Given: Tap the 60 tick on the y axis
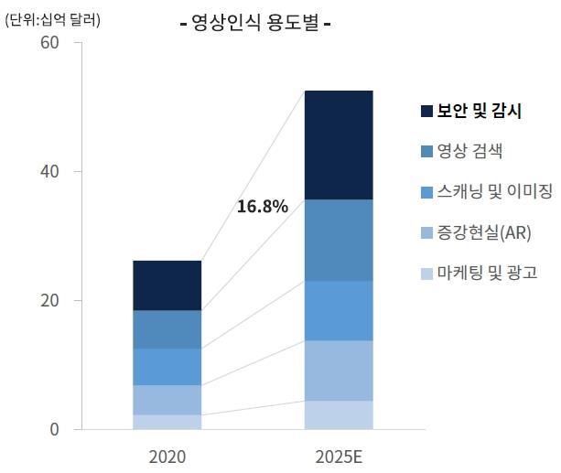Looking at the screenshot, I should point(49,43).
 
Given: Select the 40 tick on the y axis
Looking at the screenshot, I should point(49,172).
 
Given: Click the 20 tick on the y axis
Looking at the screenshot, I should point(49,301).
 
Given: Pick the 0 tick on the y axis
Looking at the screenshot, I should point(54,429).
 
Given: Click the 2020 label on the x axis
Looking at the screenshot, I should point(167,455).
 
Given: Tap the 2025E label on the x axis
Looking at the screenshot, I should point(338,455).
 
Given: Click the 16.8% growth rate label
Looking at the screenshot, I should point(262,207).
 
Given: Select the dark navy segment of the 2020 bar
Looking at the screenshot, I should point(167,285).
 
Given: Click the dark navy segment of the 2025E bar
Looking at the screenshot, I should point(338,145).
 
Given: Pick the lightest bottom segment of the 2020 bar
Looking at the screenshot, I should point(167,422).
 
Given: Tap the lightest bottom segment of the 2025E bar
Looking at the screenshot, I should point(338,414).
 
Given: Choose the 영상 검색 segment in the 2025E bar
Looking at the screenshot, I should point(338,240).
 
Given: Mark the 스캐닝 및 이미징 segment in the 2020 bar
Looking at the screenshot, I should point(167,366).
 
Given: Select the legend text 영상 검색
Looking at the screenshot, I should point(469,152).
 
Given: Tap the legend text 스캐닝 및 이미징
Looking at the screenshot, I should point(495,192).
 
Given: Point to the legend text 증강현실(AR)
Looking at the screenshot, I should point(484,232).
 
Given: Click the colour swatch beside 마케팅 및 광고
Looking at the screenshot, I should point(427,273).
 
